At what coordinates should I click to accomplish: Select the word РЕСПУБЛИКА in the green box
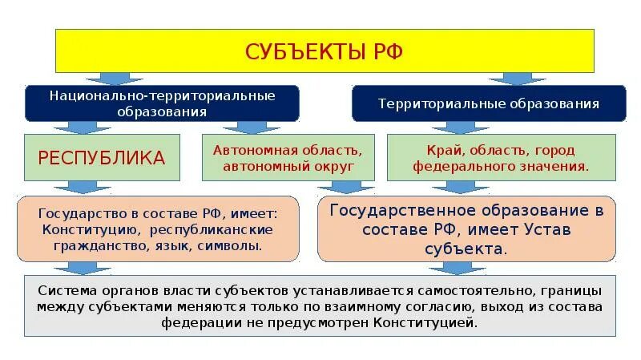pos(102,156)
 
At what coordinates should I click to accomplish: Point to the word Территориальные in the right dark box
pos(430,104)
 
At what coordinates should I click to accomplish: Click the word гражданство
pos(87,246)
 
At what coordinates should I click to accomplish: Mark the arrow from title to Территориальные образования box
pos(506,79)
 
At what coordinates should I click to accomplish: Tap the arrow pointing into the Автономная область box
pos(240,127)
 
